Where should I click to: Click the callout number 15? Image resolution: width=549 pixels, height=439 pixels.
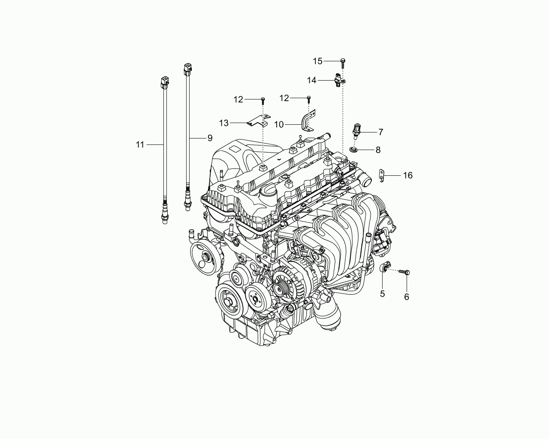coord(318,61)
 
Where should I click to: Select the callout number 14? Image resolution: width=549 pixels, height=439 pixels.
coord(311,80)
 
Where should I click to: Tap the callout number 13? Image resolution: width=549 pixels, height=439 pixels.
coord(224,123)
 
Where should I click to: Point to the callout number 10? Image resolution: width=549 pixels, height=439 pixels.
coord(279,124)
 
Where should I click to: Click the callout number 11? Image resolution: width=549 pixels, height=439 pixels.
coord(140,144)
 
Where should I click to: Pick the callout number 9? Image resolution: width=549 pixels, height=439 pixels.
coord(210,138)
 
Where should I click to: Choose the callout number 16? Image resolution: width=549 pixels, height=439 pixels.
coord(407,175)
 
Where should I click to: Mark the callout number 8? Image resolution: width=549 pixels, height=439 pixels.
coord(378,150)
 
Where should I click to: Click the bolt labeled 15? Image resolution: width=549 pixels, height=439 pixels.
coord(343,63)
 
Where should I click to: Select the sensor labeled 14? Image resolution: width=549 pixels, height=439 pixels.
coord(339,80)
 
